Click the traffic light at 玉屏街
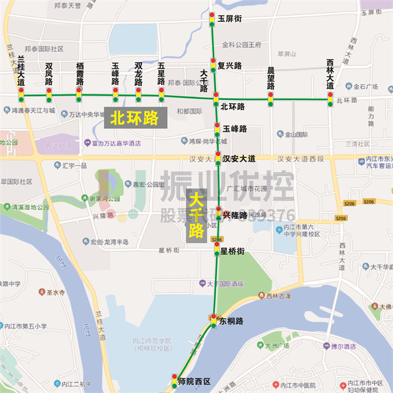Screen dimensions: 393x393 [x=212, y=20]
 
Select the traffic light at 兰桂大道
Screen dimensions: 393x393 [x=22, y=96]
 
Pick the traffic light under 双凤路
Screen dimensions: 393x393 [x=49, y=96]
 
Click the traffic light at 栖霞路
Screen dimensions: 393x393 [x=79, y=96]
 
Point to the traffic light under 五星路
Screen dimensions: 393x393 [x=162, y=96]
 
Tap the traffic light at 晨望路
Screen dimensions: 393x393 [x=271, y=99]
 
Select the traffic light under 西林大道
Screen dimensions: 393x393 [x=330, y=99]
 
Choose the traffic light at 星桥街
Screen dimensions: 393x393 [x=217, y=250]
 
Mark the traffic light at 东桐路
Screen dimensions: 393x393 [x=214, y=321]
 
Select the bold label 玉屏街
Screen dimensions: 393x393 [x=230, y=19]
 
